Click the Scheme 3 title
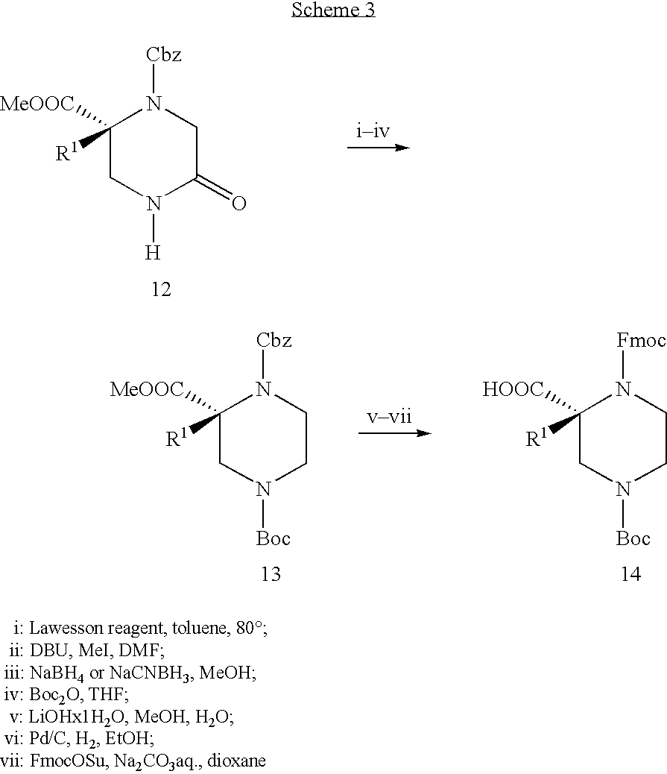[333, 10]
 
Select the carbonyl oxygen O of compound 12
[238, 203]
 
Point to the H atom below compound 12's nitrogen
[153, 254]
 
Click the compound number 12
[160, 289]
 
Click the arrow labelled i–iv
[378, 148]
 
